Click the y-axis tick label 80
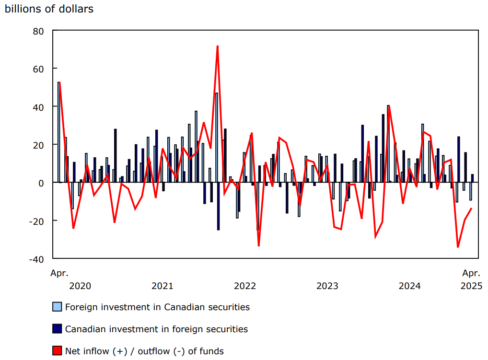[x=38, y=31]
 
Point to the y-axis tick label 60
[x=38, y=69]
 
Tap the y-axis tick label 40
[x=38, y=106]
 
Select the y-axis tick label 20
[x=38, y=145]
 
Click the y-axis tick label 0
[x=41, y=183]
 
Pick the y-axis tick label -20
[x=36, y=221]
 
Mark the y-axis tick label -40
[x=36, y=258]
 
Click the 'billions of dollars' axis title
[x=49, y=9]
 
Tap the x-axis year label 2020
[x=80, y=286]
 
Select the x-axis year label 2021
[x=163, y=286]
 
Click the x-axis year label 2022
[x=245, y=286]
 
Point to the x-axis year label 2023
[x=327, y=286]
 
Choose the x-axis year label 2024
[x=410, y=286]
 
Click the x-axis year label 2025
[x=472, y=286]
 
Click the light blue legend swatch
[x=57, y=307]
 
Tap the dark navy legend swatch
[x=57, y=329]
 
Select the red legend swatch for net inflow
[x=57, y=351]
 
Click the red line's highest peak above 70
[x=218, y=46]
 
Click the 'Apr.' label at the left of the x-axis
[x=59, y=273]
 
